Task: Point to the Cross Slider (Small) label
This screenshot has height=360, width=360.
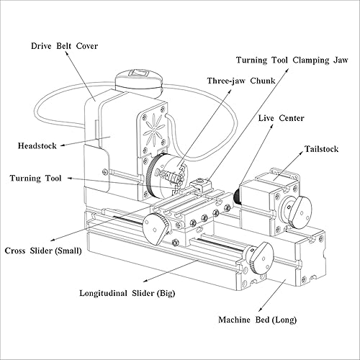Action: pos(43,251)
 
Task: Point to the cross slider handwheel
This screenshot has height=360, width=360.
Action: pos(157,228)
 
